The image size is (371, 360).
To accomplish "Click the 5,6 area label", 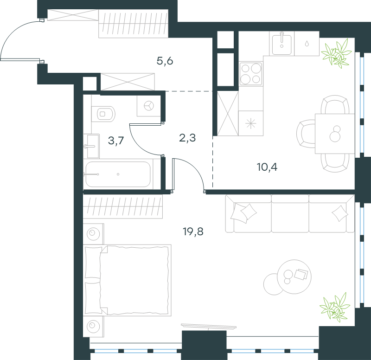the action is click(165, 61).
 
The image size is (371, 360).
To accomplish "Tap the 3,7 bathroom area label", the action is click(116, 141).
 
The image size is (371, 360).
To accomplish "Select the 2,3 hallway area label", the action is click(187, 138).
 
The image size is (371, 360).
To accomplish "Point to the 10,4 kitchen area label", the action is click(267, 167).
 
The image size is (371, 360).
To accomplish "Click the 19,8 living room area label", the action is click(193, 231).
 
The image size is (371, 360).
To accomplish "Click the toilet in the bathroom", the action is click(103, 114).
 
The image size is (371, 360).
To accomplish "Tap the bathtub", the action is click(118, 174).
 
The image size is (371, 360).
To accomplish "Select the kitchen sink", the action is click(281, 44).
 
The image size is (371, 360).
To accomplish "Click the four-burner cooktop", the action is click(251, 74).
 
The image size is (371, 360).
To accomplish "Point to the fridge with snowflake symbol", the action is click(251, 123).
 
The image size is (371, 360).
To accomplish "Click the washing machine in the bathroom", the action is click(149, 106).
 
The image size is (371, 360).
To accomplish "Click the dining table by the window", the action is click(335, 134).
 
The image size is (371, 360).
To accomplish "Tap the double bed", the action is click(127, 280).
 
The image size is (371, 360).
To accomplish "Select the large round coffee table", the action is click(294, 276).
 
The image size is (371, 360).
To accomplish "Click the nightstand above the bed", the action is click(93, 234).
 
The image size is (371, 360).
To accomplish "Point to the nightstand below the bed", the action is click(93, 327).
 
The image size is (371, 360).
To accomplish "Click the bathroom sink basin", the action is click(91, 146).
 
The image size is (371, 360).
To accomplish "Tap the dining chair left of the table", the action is click(306, 134).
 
